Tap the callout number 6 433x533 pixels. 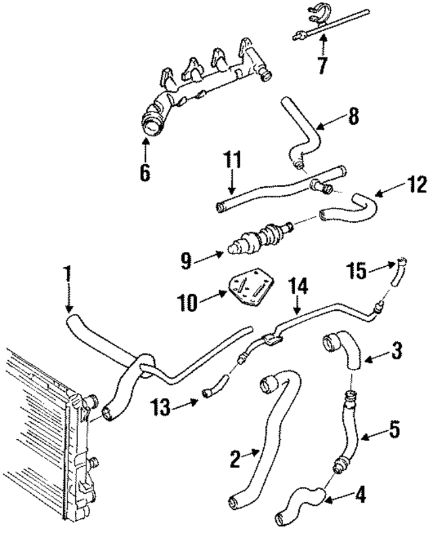click(x=145, y=172)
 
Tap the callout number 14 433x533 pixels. click(x=297, y=287)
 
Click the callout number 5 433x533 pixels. click(x=394, y=428)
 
